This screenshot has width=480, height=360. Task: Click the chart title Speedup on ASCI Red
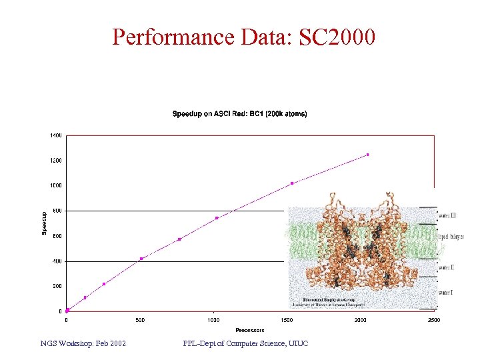(239, 114)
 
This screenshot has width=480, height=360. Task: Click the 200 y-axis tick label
(57, 286)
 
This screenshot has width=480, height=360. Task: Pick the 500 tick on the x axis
(140, 320)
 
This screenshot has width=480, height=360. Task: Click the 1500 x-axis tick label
(287, 320)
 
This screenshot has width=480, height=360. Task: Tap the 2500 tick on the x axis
(433, 320)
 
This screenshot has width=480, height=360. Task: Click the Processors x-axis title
(250, 330)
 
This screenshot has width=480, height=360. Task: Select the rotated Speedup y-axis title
(45, 223)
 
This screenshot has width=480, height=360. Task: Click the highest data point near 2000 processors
(367, 155)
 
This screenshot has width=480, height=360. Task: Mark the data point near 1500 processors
(292, 183)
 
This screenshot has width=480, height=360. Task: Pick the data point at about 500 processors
(141, 259)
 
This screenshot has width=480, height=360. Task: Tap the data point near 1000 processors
(217, 218)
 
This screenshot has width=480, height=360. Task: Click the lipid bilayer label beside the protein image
(451, 237)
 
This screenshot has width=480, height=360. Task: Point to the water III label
(447, 215)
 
